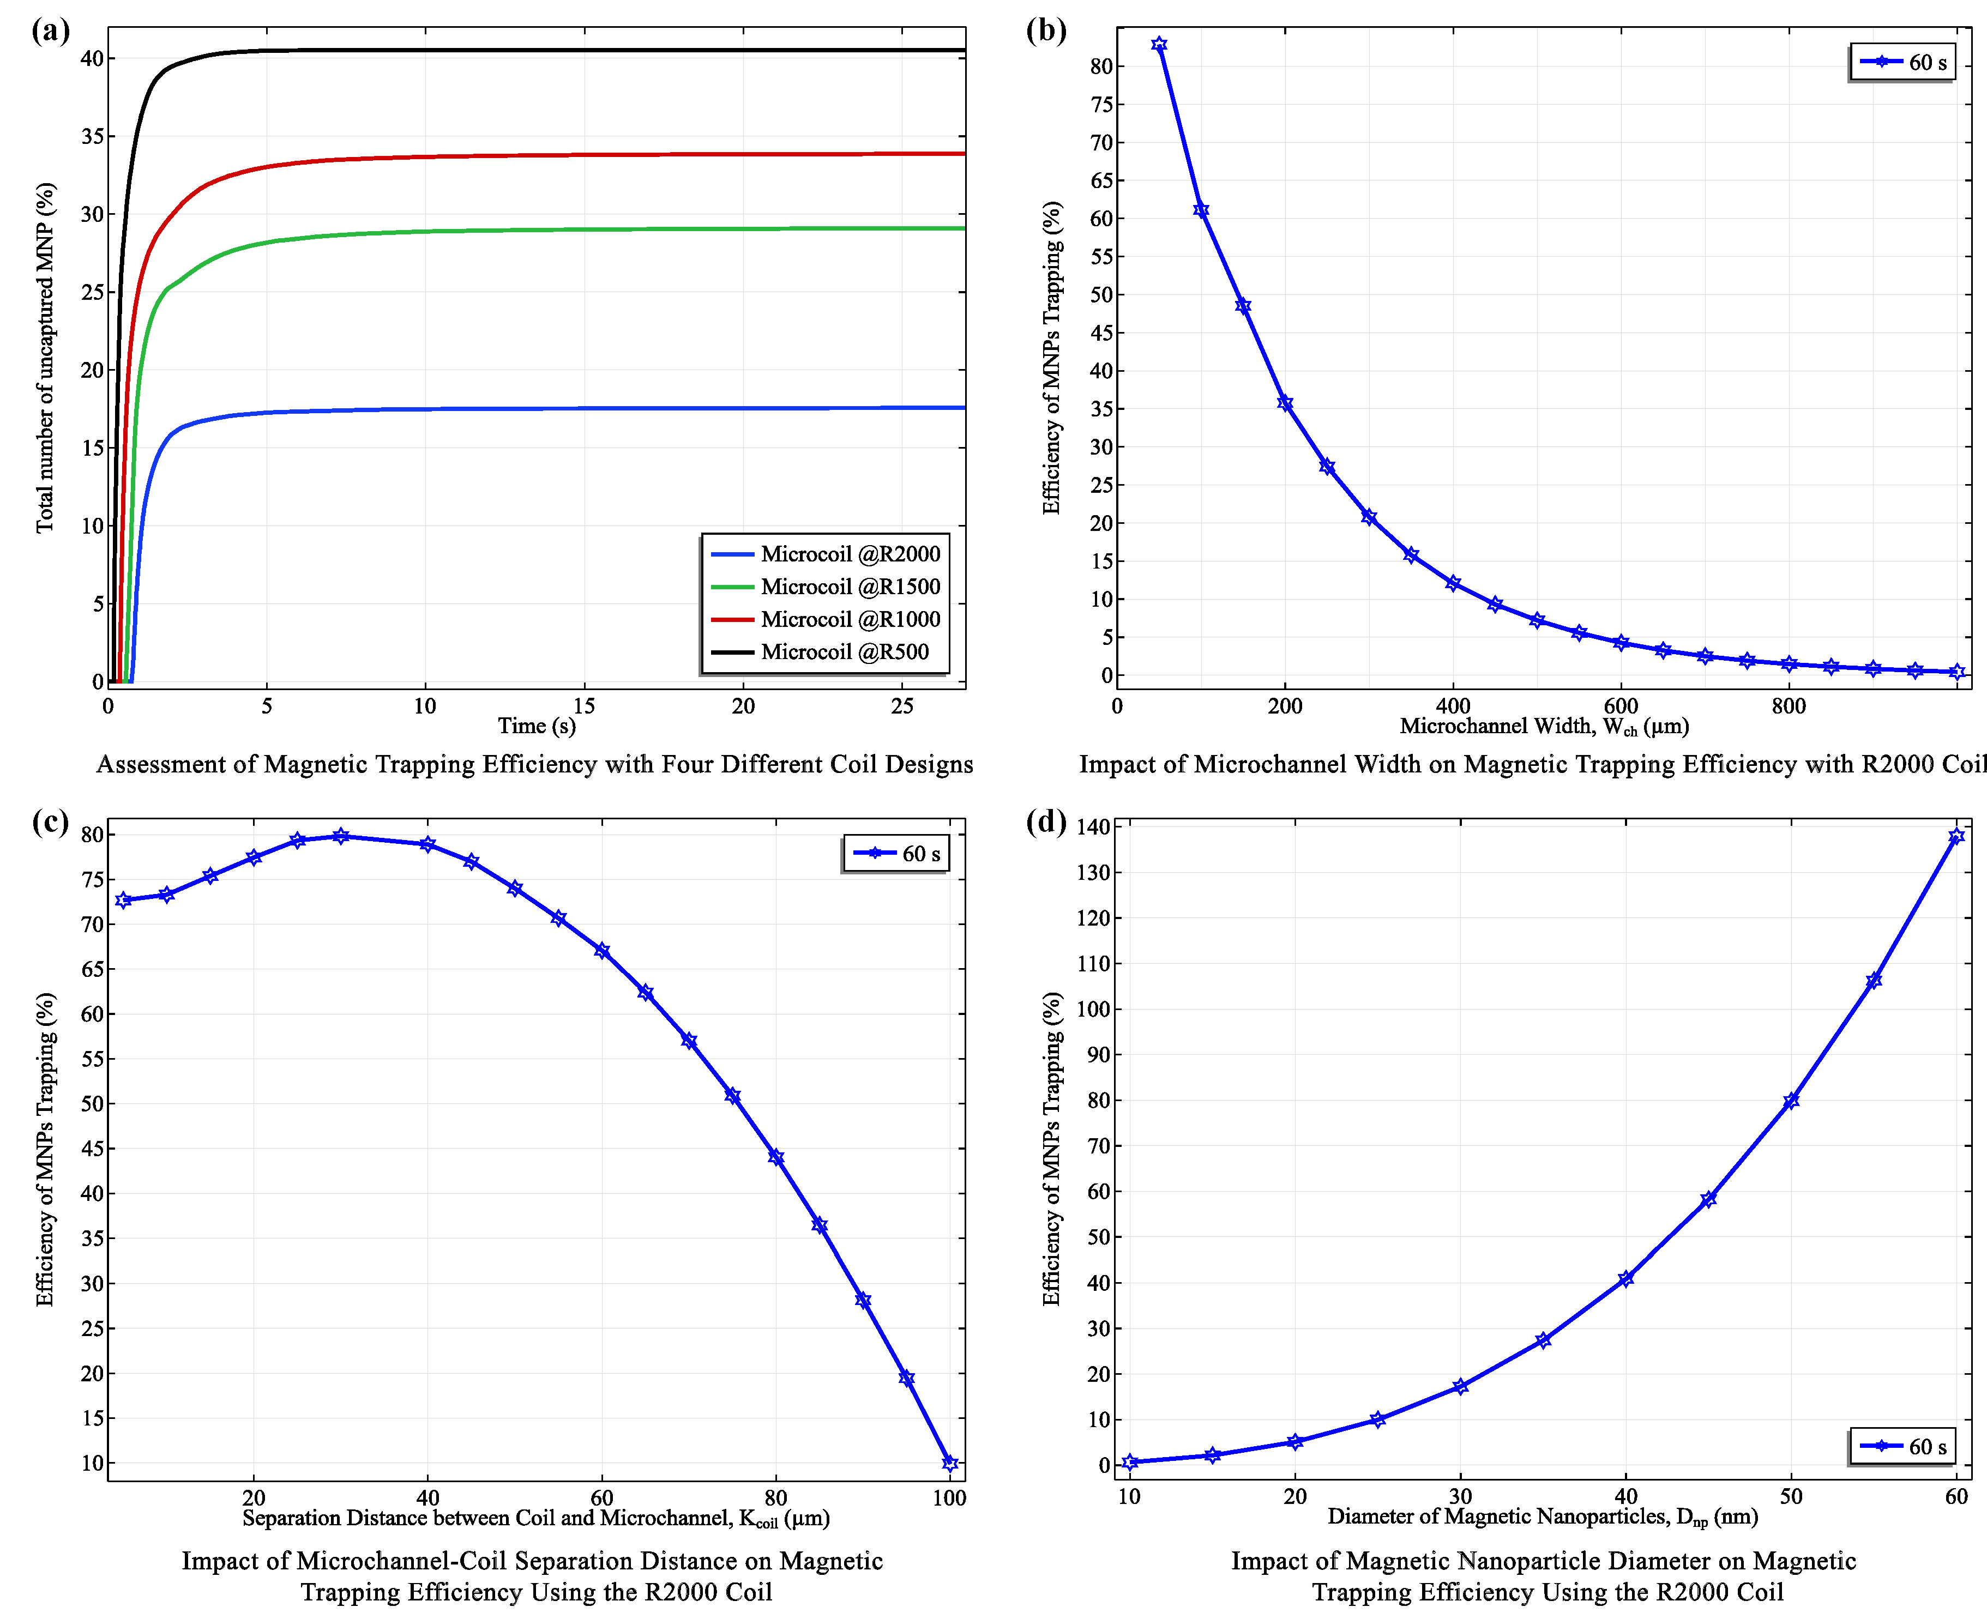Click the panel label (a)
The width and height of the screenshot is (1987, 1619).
[x=50, y=31]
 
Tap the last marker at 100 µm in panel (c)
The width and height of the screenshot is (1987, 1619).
[x=950, y=1463]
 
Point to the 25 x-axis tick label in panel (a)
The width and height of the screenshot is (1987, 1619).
[x=902, y=706]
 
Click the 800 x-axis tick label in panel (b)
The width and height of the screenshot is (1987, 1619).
[x=1789, y=706]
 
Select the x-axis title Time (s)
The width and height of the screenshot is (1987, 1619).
[x=537, y=726]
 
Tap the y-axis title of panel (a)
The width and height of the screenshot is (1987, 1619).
[x=45, y=357]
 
